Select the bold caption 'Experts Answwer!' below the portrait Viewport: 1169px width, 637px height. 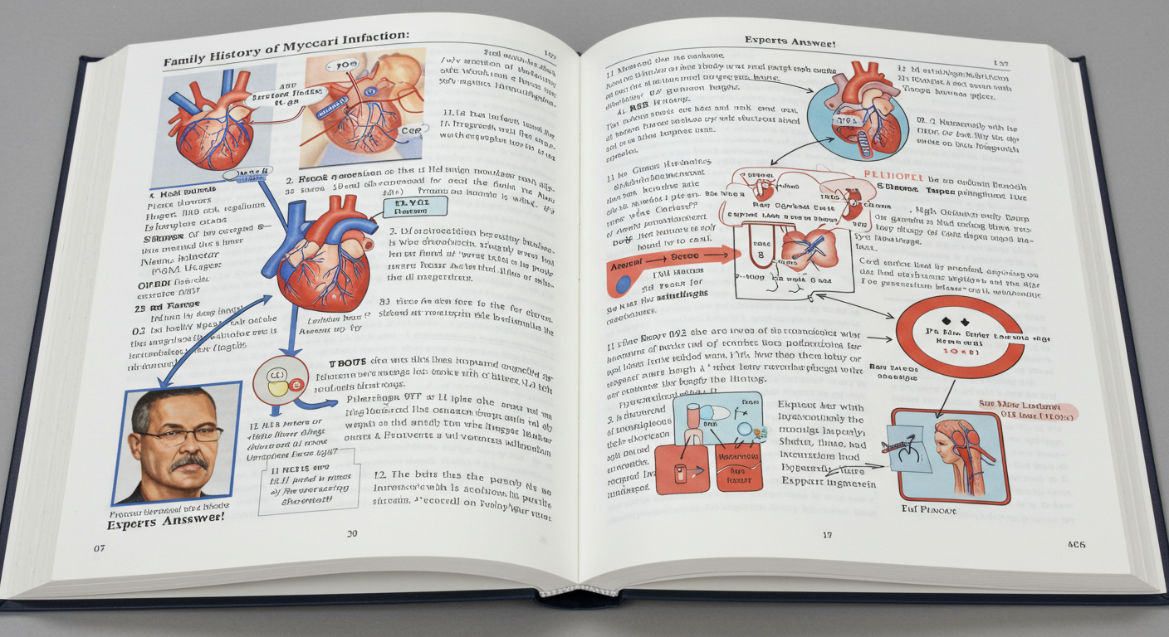point(165,518)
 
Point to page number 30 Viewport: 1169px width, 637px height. point(352,533)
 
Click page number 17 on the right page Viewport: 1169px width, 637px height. point(827,535)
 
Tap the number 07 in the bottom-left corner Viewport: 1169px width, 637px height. point(100,548)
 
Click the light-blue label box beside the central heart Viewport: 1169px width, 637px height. point(415,207)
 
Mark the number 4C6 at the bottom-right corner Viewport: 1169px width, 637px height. point(1077,544)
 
